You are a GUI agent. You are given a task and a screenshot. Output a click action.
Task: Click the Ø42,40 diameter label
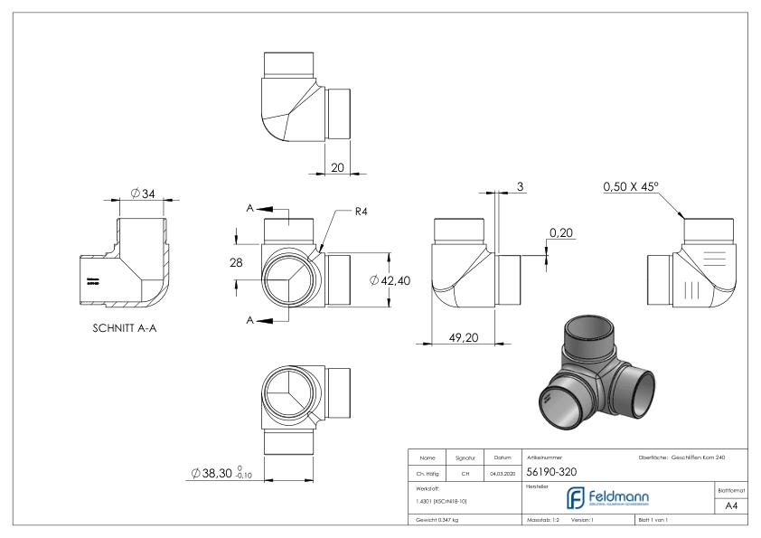pos(390,280)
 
